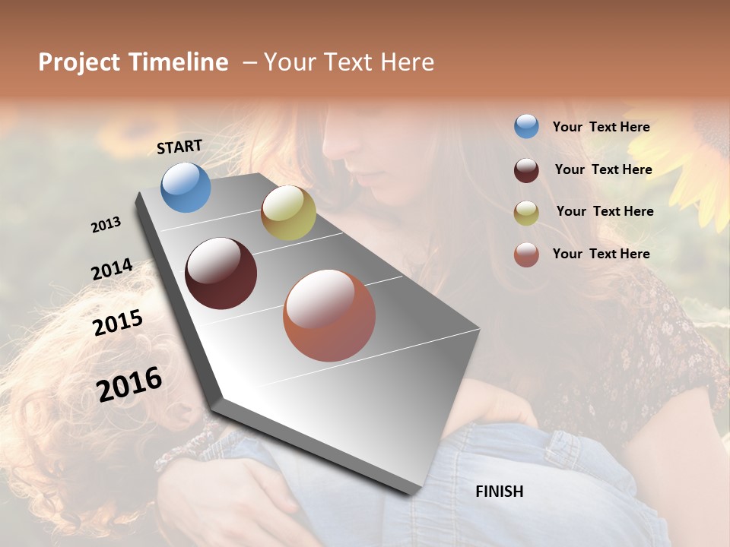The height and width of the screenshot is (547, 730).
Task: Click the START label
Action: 179,147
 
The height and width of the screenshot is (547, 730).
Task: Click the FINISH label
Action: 499,492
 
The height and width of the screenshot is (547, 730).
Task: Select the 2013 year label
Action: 106,225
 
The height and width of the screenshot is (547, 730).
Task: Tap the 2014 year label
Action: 112,270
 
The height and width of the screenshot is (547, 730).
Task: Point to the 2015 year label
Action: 118,323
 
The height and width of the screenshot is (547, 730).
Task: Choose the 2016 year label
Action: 129,384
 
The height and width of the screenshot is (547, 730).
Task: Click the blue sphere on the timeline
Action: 186,187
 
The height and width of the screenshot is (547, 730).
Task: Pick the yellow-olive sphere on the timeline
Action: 288,213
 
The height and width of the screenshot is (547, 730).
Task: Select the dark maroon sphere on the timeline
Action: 221,273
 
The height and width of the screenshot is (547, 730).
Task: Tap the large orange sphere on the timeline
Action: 329,315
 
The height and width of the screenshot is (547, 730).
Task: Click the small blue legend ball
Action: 526,126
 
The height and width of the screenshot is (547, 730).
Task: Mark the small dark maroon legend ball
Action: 526,170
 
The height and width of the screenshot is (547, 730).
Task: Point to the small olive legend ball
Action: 526,213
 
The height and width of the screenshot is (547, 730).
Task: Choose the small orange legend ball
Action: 526,255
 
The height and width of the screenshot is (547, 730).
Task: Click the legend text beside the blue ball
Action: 601,128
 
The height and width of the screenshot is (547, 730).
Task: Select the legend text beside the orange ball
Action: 601,254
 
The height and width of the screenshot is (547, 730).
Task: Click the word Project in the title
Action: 78,62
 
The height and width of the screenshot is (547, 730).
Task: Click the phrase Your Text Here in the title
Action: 349,62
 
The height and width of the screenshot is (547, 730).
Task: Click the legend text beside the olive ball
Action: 605,211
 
